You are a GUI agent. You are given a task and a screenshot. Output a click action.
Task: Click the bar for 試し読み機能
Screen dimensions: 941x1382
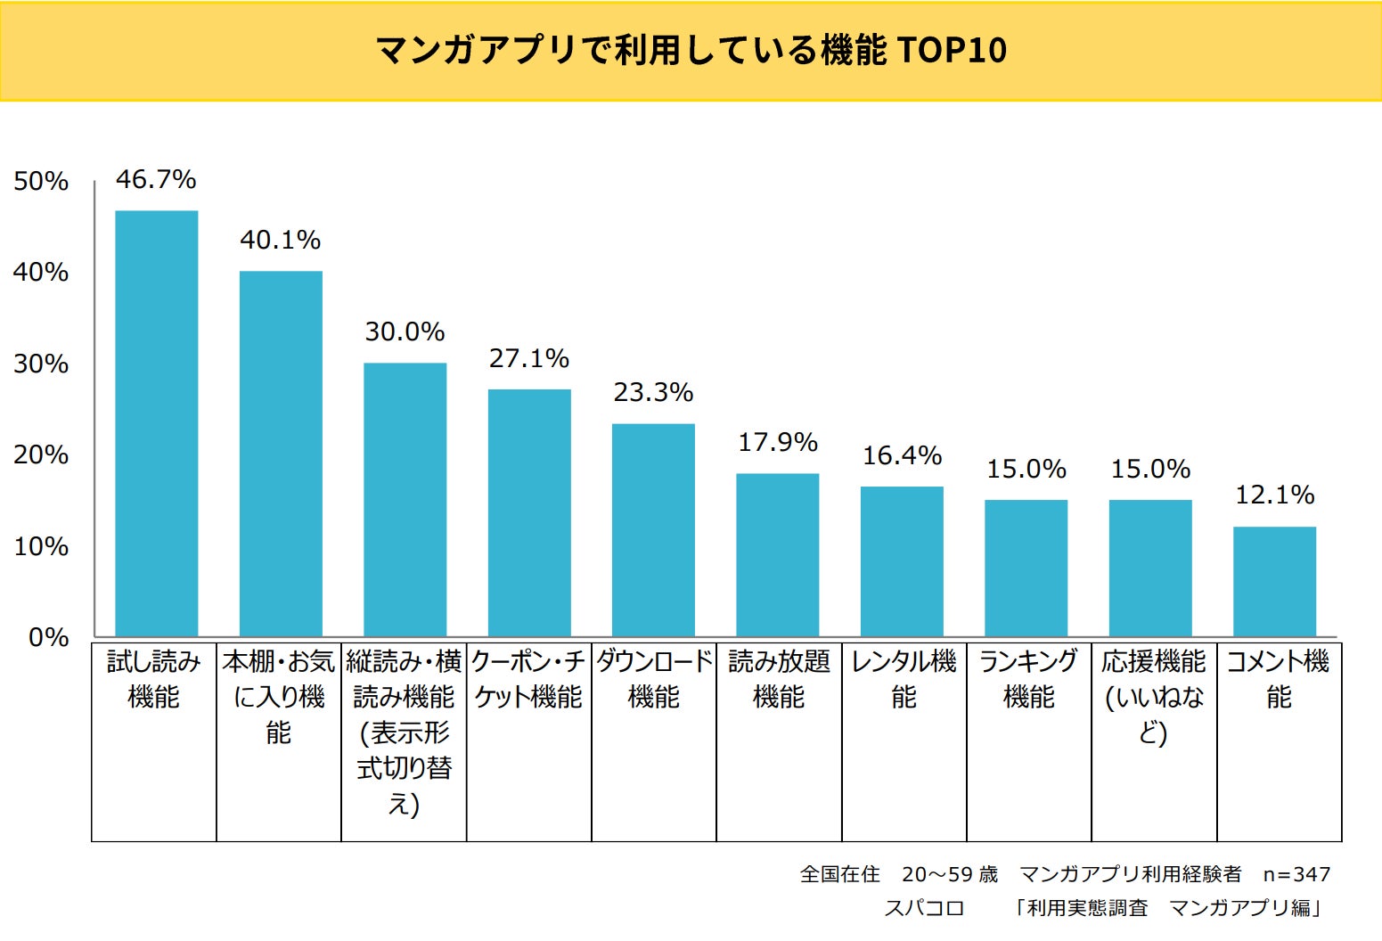157,423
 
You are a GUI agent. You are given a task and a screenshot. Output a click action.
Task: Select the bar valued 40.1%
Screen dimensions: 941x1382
281,454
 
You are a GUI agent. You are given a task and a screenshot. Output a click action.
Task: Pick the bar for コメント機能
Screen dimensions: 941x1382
1274,581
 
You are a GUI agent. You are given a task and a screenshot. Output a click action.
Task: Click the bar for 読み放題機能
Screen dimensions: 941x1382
777,554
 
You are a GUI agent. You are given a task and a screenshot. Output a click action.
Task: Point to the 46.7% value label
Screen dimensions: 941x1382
156,179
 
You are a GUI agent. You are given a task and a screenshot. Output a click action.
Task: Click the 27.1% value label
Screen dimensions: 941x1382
528,358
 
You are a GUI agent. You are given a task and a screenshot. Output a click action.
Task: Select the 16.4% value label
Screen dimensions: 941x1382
902,455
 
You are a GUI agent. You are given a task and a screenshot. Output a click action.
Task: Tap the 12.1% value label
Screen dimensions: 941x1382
1274,495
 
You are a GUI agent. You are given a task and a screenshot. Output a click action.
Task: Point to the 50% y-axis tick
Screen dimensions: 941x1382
41,181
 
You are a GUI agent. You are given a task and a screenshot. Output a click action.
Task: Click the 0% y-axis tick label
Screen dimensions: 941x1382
48,637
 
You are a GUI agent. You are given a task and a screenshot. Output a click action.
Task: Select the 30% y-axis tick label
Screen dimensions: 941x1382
41,364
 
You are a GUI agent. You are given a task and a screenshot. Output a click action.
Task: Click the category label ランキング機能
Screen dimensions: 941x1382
1028,679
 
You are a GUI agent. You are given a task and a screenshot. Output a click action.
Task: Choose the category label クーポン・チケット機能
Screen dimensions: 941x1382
528,679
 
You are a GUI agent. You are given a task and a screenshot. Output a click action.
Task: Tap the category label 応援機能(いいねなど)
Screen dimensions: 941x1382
1154,697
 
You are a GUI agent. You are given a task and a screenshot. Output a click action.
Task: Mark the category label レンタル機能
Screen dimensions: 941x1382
904,679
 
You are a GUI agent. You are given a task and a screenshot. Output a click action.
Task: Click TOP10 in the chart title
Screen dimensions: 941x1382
953,50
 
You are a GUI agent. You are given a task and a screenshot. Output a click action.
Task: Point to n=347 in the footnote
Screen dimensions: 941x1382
1296,874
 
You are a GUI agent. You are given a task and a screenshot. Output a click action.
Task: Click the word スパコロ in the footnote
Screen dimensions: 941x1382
924,908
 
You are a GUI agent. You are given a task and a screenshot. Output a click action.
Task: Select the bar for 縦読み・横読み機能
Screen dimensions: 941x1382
405,499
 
